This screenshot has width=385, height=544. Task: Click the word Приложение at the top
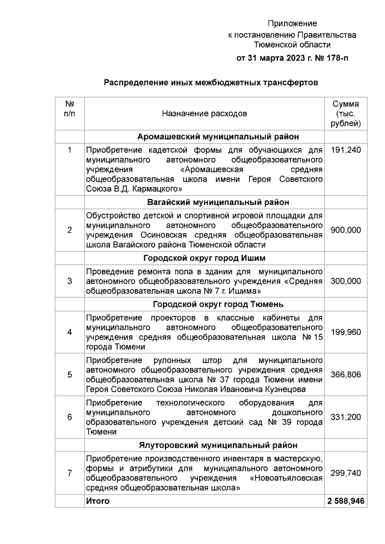tap(292, 23)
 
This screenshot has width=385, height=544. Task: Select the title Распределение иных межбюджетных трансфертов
tap(210, 82)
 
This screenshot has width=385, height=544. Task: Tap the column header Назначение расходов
tap(204, 113)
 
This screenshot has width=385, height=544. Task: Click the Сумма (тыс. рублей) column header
tap(346, 113)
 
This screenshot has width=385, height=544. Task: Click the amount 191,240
tap(346, 150)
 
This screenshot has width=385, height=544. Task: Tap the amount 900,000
tap(346, 230)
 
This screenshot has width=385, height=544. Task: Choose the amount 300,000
tap(346, 281)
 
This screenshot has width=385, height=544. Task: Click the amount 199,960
tap(346, 331)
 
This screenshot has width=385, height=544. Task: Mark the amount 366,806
tap(346, 374)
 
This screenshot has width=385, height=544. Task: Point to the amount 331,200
tap(346, 417)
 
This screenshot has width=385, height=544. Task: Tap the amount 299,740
tap(346, 473)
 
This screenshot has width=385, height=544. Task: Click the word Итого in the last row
tap(98, 501)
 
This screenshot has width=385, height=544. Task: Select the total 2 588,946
tap(346, 501)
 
